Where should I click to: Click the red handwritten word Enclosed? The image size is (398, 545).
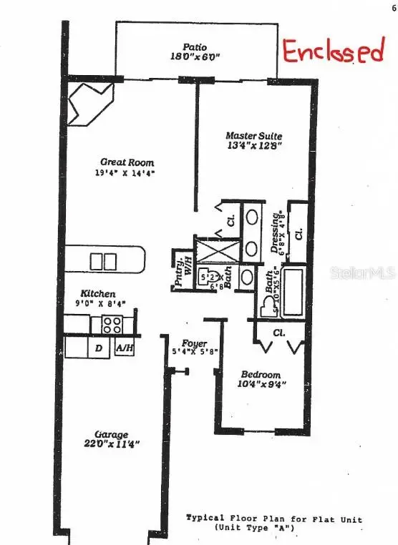click(332, 51)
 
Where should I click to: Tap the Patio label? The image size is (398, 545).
click(194, 45)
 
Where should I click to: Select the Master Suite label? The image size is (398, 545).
click(253, 136)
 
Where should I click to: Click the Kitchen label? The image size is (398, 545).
click(97, 293)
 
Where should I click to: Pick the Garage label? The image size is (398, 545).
click(112, 434)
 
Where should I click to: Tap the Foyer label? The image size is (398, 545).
click(194, 343)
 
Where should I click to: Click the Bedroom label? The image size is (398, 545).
click(261, 375)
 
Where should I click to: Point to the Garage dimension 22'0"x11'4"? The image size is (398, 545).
click(112, 444)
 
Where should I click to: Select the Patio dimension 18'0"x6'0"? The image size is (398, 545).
click(194, 56)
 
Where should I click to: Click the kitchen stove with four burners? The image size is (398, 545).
click(112, 325)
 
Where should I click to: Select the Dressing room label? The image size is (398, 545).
click(276, 234)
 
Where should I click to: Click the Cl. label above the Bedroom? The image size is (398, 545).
click(279, 333)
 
